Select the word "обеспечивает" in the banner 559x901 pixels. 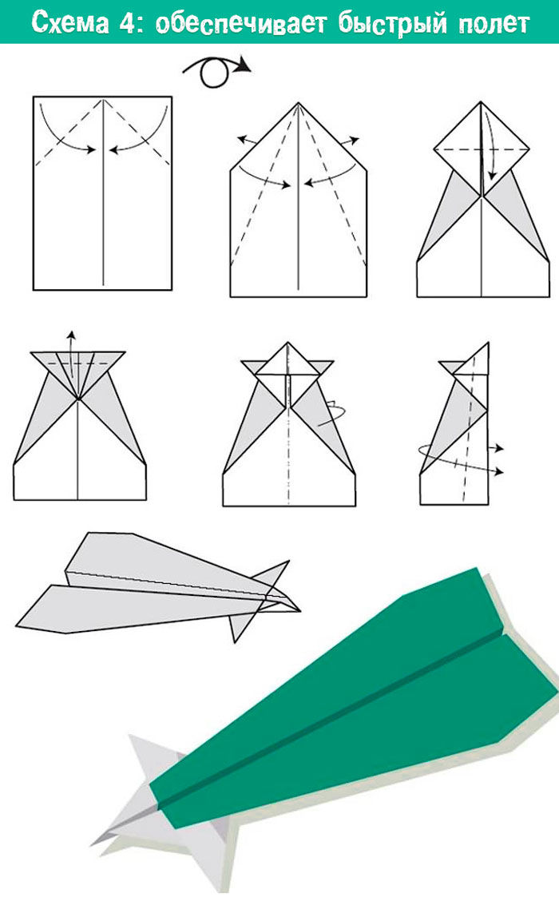coord(240,23)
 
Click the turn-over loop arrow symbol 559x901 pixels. coord(216,72)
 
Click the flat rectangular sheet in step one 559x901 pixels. coord(103,193)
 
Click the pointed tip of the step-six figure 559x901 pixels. coord(489,343)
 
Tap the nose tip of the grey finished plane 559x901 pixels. coord(299,610)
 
